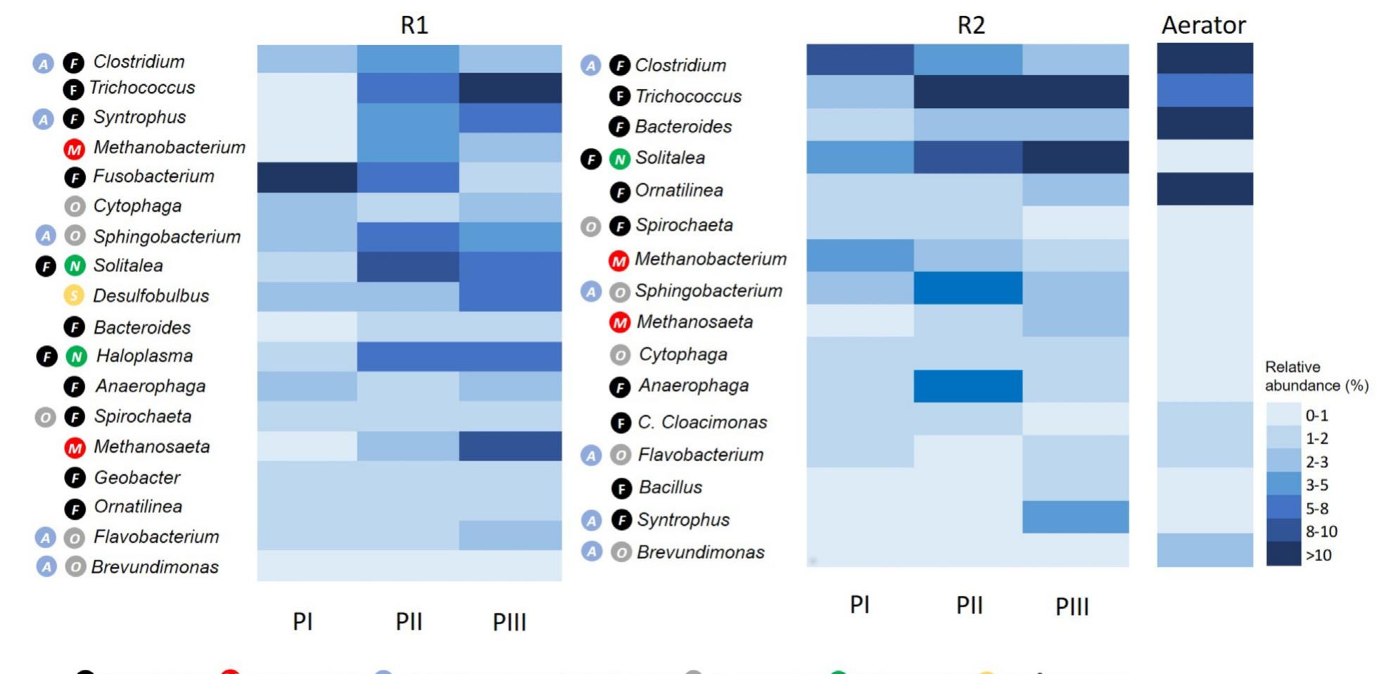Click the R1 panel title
[x=414, y=25]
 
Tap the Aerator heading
[x=1203, y=25]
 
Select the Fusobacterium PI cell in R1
[x=307, y=177]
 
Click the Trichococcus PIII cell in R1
[x=510, y=88]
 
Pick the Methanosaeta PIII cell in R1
[x=510, y=446]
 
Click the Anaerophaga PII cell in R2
[x=967, y=386]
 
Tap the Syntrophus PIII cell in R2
[x=1075, y=517]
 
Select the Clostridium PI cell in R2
[x=860, y=60]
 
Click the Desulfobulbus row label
[x=151, y=296]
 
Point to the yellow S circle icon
[x=74, y=296]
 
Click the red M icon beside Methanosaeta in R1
[x=74, y=447]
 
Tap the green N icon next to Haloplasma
[x=76, y=356]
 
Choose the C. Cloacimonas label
[x=701, y=422]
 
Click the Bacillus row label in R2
[x=670, y=487]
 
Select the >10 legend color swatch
[x=1283, y=555]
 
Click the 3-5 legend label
[x=1316, y=485]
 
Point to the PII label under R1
[x=409, y=621]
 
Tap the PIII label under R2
[x=1072, y=606]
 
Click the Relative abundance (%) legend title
[x=1316, y=376]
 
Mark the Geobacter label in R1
[x=136, y=478]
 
